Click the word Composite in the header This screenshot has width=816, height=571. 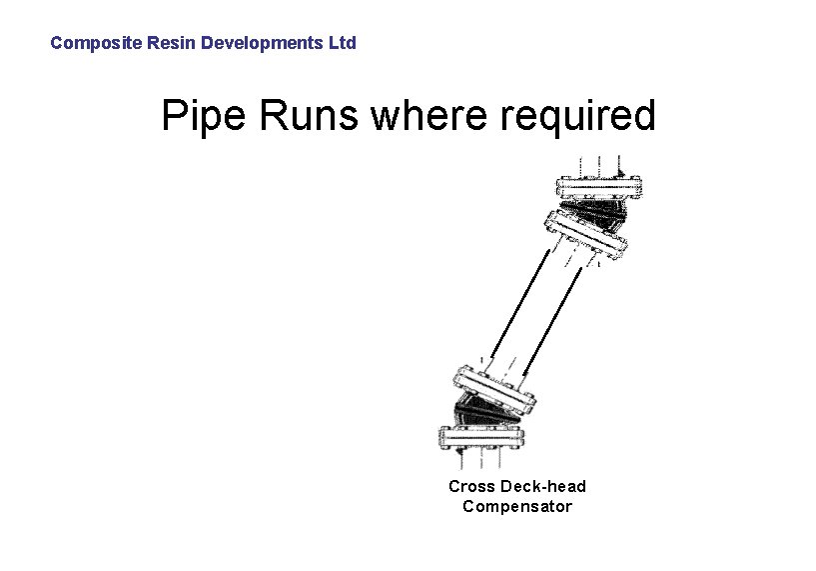[x=88, y=43]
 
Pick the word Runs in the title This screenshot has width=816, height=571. [x=311, y=117]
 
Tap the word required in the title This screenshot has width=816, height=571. [x=579, y=117]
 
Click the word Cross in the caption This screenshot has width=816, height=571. [x=471, y=486]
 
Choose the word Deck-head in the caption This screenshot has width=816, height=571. [x=543, y=486]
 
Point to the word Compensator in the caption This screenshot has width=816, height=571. [x=517, y=506]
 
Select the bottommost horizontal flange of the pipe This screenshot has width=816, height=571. [x=482, y=437]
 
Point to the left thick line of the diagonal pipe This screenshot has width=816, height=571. [x=518, y=300]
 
